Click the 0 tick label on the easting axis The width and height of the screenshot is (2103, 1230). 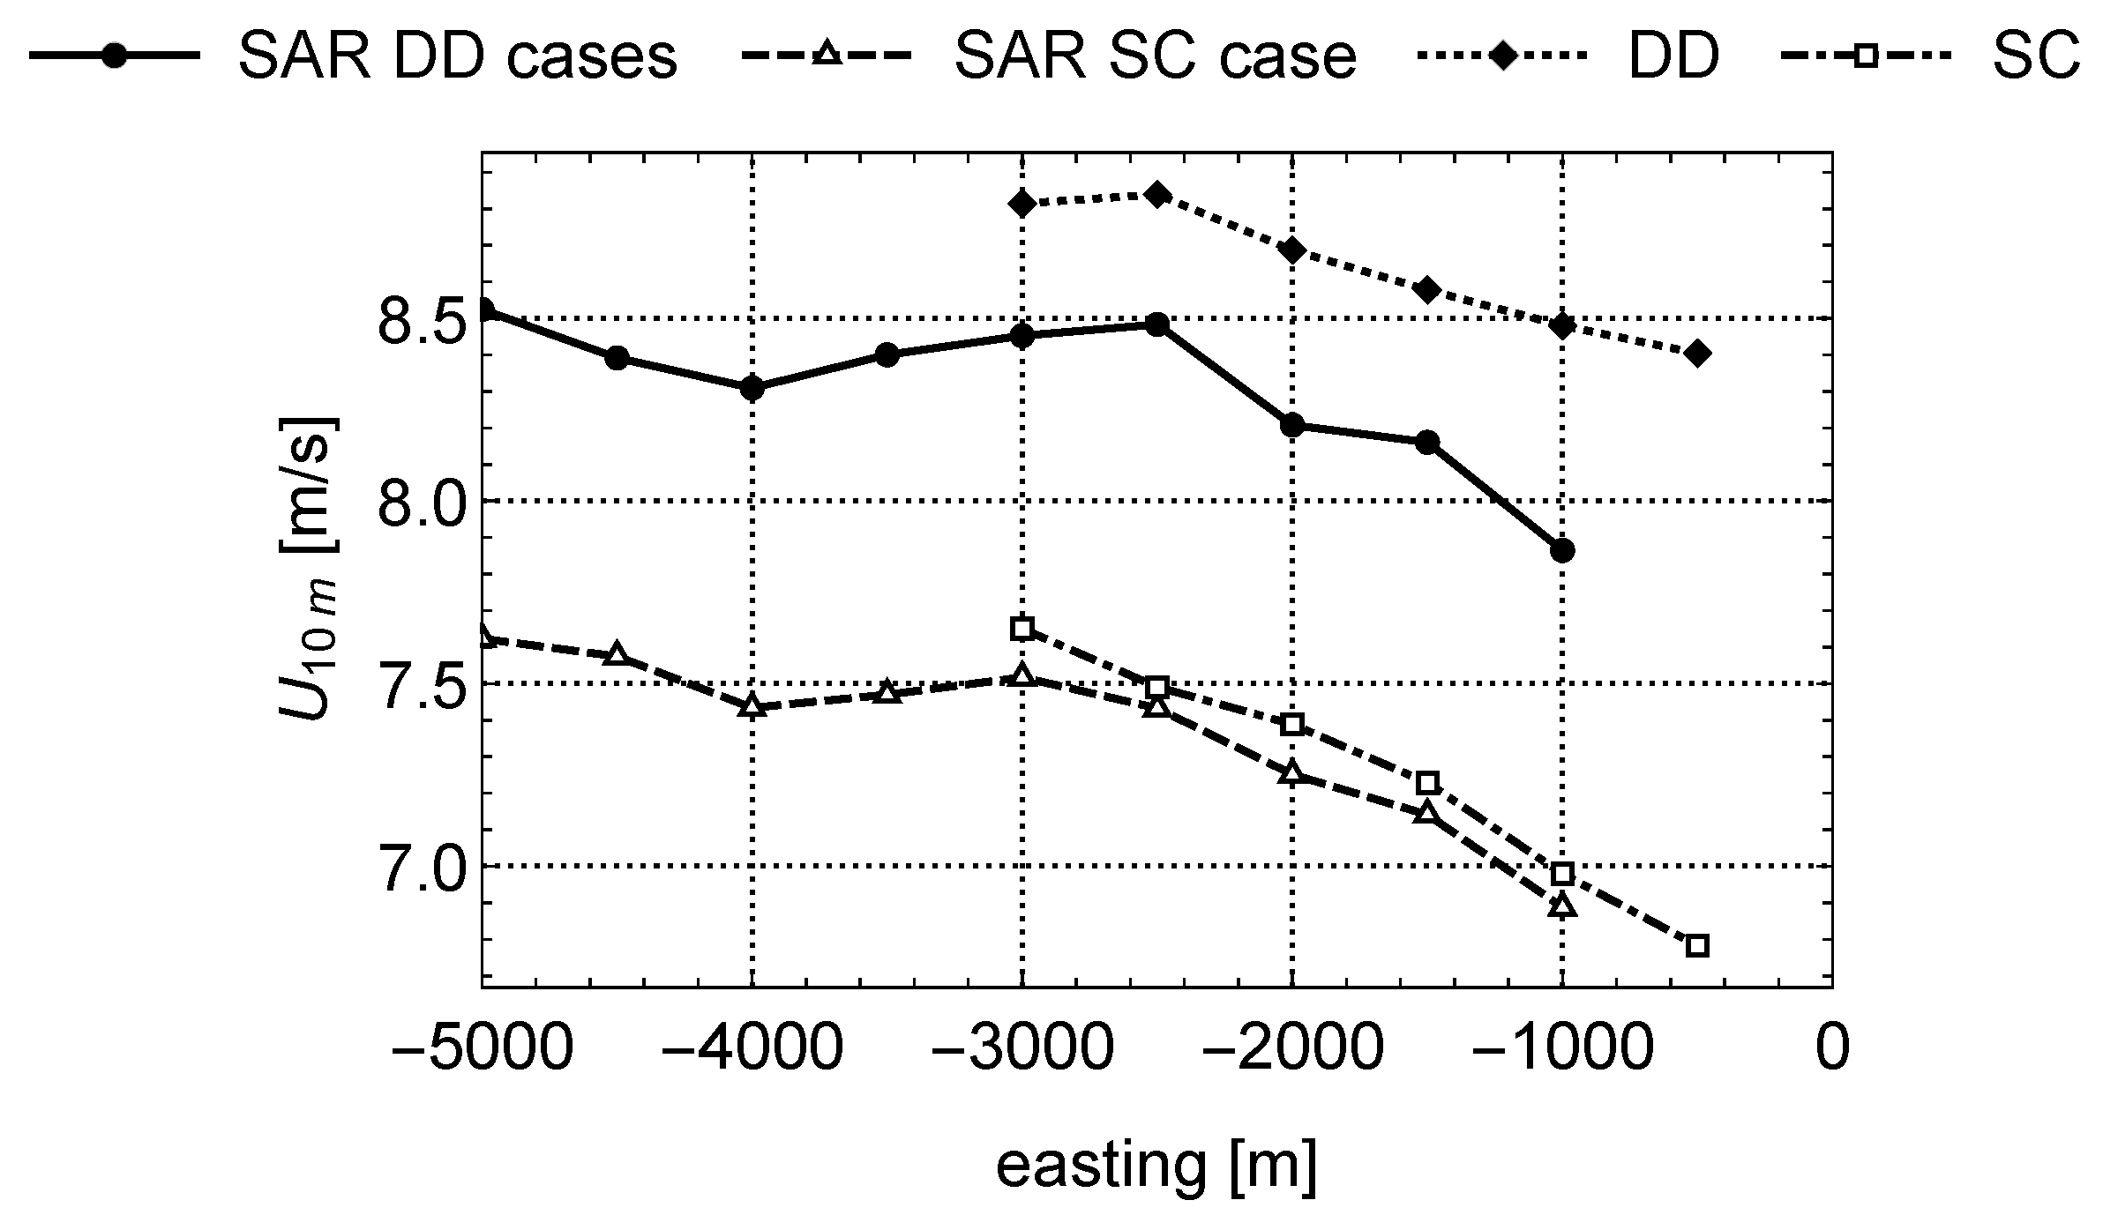point(1831,1049)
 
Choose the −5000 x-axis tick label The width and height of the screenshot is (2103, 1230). point(482,1049)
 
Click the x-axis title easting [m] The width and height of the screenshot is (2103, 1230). point(1156,1166)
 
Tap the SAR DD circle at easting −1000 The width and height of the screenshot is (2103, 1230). point(1562,551)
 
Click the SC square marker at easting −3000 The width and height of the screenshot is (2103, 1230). point(1022,629)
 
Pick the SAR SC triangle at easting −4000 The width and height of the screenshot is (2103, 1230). point(752,705)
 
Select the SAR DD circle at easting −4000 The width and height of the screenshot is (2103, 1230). point(752,387)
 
